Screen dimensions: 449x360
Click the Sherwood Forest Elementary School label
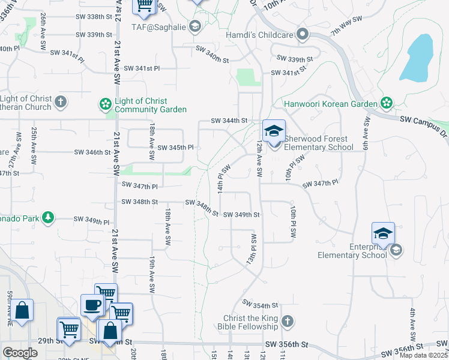pyautogui.click(x=318, y=143)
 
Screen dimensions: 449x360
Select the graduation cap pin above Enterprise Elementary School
pyautogui.click(x=383, y=233)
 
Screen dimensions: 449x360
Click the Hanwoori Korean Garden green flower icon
pyautogui.click(x=387, y=103)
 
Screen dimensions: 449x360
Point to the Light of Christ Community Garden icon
pyautogui.click(x=106, y=104)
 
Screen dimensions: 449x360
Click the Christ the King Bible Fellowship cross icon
pyautogui.click(x=288, y=322)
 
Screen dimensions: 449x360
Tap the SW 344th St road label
pyautogui.click(x=229, y=121)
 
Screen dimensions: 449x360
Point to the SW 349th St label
pyautogui.click(x=241, y=214)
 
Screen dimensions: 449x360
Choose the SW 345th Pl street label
pyautogui.click(x=175, y=147)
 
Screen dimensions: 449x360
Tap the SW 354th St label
pyautogui.click(x=261, y=305)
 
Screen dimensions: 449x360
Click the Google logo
pyautogui.click(x=20, y=353)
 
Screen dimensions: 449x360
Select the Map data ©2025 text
pyautogui.click(x=424, y=355)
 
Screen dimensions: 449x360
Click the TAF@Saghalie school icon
pyautogui.click(x=194, y=26)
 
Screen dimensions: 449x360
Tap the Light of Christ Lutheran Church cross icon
pyautogui.click(x=61, y=103)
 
